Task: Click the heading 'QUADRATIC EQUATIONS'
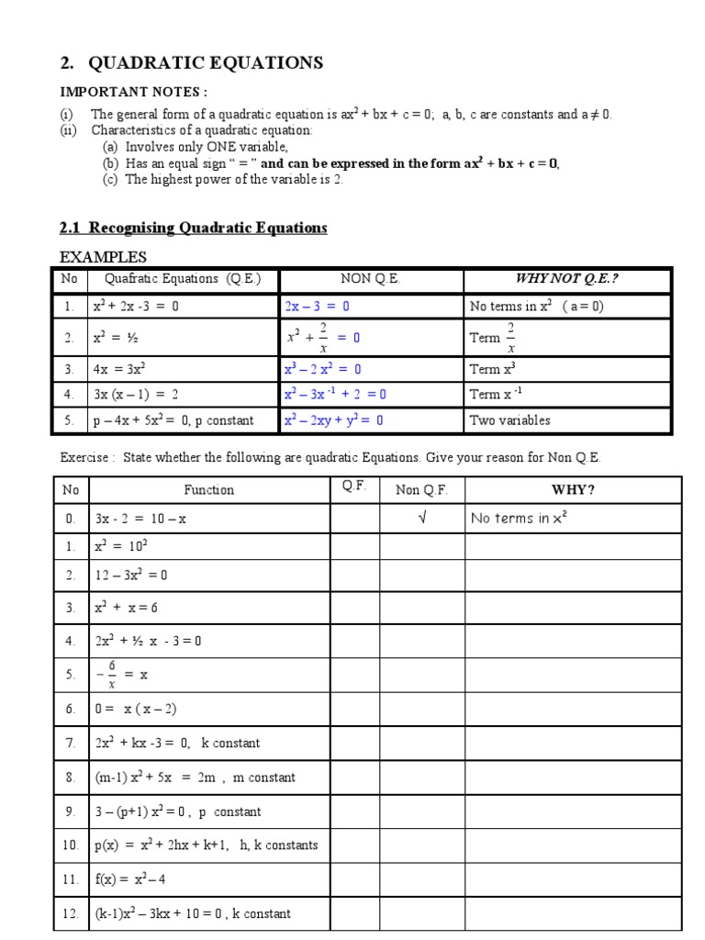pos(205,63)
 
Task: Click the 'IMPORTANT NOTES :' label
pos(133,92)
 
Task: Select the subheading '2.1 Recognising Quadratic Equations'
pos(193,228)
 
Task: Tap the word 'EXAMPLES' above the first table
pos(103,257)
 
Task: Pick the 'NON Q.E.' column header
pos(370,279)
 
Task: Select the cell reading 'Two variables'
pos(509,420)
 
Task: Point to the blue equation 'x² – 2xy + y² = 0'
pos(334,420)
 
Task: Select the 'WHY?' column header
pos(573,489)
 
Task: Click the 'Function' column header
pos(208,489)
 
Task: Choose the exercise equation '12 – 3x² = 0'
pos(131,576)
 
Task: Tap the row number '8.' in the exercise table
pos(71,778)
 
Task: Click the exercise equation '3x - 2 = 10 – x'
pos(140,518)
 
